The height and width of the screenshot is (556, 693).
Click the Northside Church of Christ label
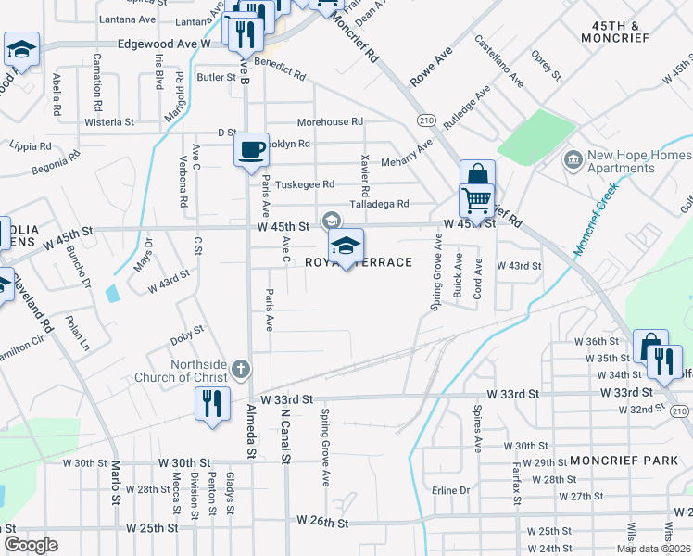pyautogui.click(x=192, y=370)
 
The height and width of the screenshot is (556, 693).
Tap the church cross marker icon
pyautogui.click(x=241, y=370)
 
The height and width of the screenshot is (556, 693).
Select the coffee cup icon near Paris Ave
pyautogui.click(x=250, y=150)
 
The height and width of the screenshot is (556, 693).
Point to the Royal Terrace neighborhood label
pyautogui.click(x=359, y=263)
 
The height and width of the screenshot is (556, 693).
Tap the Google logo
pyautogui.click(x=30, y=544)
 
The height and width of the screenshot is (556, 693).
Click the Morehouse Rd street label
pyautogui.click(x=330, y=122)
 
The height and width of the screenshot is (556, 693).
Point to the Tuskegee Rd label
pyautogui.click(x=305, y=184)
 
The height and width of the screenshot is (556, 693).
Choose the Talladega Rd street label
pyautogui.click(x=379, y=204)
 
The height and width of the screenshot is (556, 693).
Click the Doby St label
pyautogui.click(x=187, y=334)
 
